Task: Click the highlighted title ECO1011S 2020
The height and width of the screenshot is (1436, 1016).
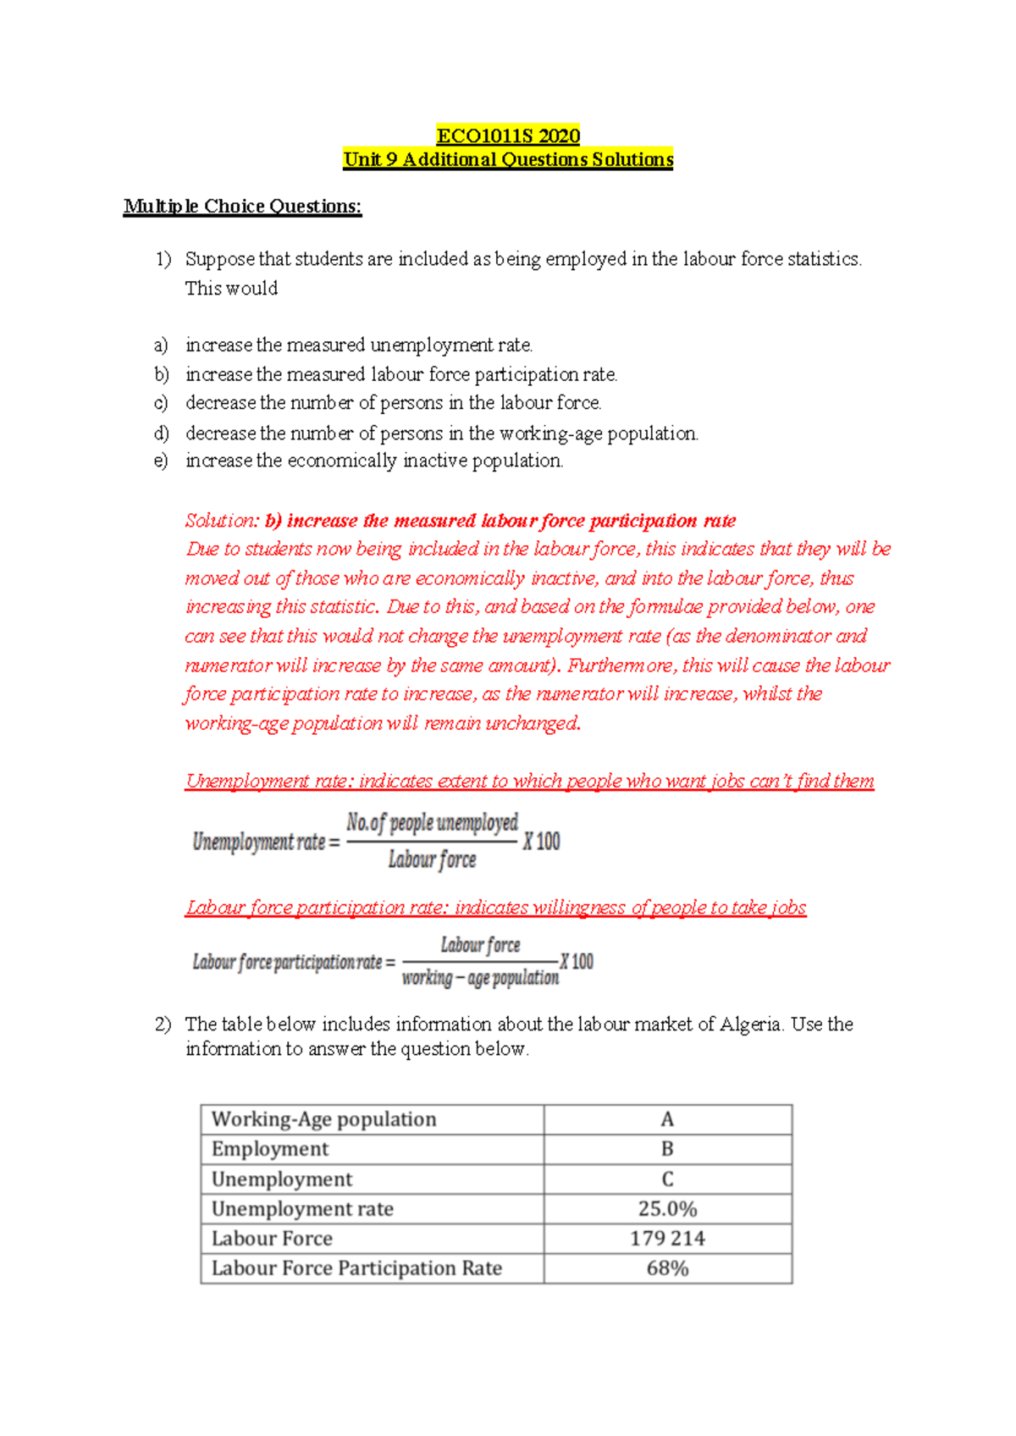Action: pyautogui.click(x=508, y=135)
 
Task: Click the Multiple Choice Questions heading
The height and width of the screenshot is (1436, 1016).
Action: pyautogui.click(x=242, y=207)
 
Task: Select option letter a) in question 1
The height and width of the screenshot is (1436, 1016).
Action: pyautogui.click(x=161, y=345)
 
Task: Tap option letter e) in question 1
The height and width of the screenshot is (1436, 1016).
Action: pyautogui.click(x=161, y=461)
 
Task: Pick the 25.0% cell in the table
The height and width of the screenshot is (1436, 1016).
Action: pyautogui.click(x=667, y=1209)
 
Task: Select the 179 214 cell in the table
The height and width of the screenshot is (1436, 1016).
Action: pyautogui.click(x=667, y=1239)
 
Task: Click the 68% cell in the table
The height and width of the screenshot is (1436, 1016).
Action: pyautogui.click(x=667, y=1268)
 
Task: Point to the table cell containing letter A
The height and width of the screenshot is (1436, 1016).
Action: pyautogui.click(x=667, y=1119)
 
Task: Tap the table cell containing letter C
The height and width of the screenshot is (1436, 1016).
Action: pyautogui.click(x=667, y=1179)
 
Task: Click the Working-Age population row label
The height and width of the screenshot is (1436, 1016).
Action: pyautogui.click(x=323, y=1119)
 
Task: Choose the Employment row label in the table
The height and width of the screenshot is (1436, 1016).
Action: pyautogui.click(x=269, y=1149)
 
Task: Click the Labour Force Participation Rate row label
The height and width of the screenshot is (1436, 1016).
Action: pyautogui.click(x=356, y=1268)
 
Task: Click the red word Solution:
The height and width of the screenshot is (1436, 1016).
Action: pyautogui.click(x=222, y=521)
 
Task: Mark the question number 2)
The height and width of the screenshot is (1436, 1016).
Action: pyautogui.click(x=163, y=1025)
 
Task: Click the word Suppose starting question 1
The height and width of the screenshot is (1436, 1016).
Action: pyautogui.click(x=219, y=259)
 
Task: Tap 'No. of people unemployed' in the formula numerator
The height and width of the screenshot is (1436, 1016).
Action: pyautogui.click(x=432, y=823)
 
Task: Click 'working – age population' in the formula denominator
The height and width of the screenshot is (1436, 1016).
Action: pyautogui.click(x=480, y=979)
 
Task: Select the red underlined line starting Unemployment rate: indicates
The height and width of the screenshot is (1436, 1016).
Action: pyautogui.click(x=529, y=782)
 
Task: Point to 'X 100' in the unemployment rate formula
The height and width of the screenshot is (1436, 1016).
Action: pyautogui.click(x=542, y=842)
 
